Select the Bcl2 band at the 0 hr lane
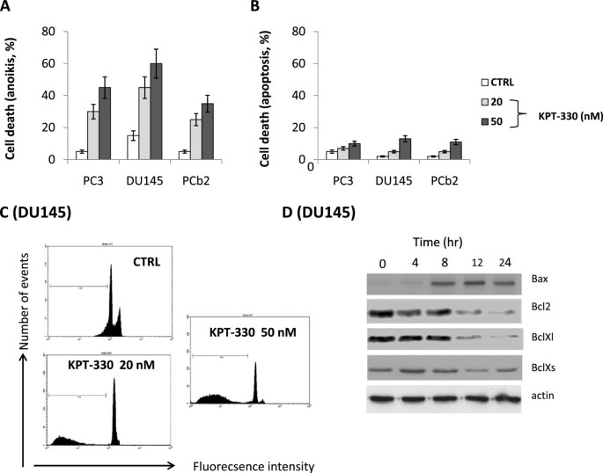(380, 312)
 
